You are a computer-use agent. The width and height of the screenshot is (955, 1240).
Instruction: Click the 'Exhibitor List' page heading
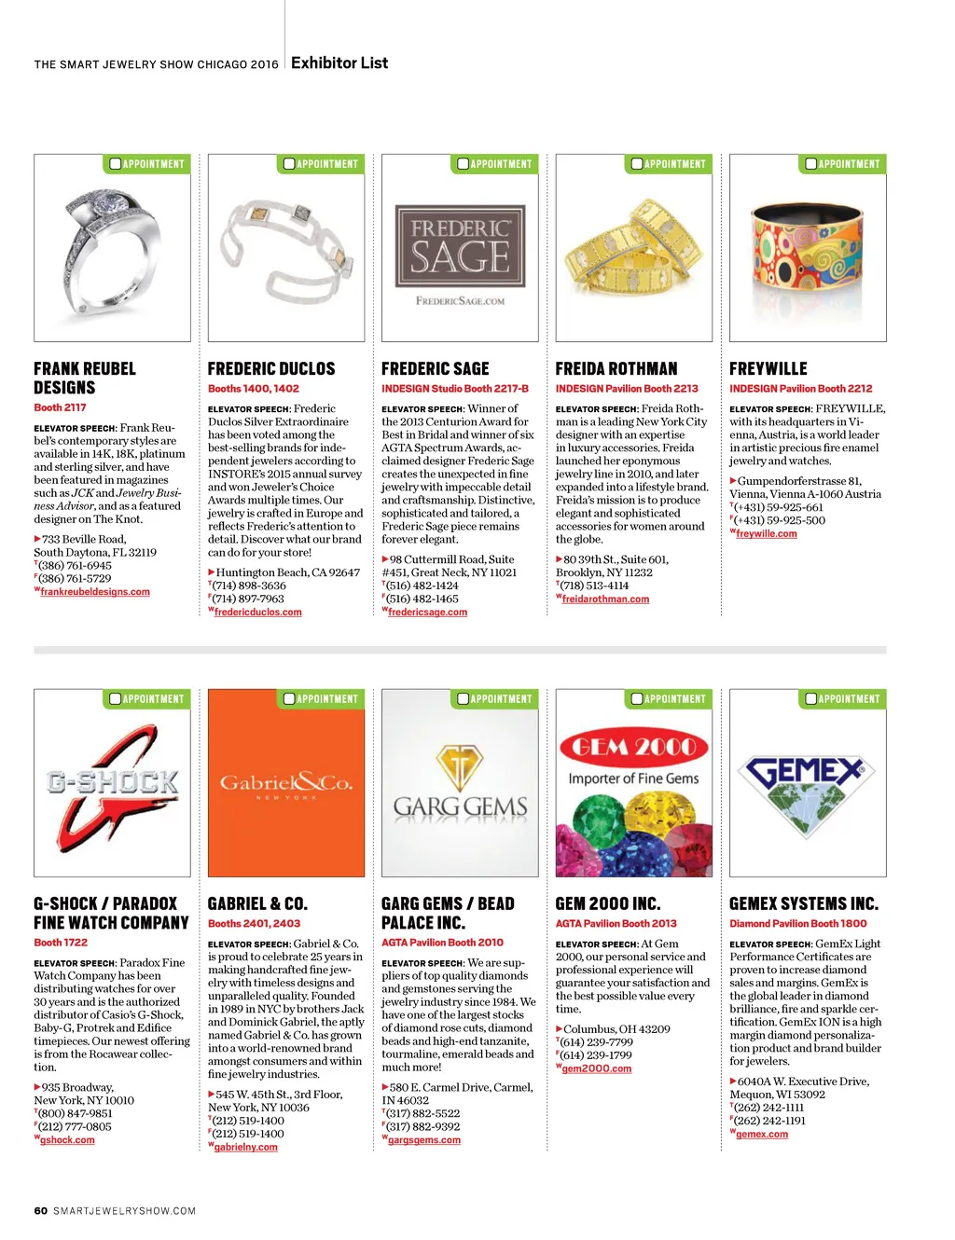coord(339,62)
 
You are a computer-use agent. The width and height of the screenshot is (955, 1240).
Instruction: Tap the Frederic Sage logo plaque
coord(460,245)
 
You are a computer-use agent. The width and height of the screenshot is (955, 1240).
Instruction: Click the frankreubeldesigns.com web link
coord(95,592)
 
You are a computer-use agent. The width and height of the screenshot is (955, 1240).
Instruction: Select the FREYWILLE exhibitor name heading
coord(768,369)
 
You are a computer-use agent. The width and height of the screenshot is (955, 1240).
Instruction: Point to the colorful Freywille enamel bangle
coord(808,252)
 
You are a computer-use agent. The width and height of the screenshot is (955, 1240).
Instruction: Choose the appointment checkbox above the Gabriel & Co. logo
coord(289,698)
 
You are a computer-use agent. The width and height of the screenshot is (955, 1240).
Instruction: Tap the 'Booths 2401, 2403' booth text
coord(254,924)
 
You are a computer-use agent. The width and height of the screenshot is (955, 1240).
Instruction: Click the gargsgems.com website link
coord(424,1140)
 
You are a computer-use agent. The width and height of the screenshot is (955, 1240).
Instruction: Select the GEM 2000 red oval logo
coord(634,747)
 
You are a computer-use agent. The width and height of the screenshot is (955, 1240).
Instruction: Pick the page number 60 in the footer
coord(40,1211)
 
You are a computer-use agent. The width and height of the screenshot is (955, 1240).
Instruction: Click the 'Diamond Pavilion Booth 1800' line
coord(797,924)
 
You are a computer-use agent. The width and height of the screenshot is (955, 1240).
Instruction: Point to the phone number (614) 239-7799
coord(596,1042)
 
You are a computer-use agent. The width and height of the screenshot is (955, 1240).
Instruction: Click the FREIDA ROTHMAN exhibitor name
coord(616,369)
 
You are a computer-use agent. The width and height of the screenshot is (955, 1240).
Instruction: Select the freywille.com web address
coord(767,534)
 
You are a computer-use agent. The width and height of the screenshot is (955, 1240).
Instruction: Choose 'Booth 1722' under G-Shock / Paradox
coord(61,943)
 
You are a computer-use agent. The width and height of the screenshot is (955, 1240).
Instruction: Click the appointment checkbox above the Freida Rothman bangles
coord(637,164)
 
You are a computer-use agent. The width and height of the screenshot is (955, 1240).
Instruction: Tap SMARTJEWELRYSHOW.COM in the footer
coord(125,1211)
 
